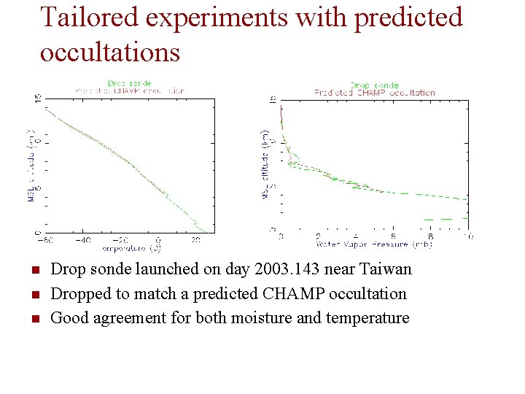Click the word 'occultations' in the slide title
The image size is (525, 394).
(x=109, y=52)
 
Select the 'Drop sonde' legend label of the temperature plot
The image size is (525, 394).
(x=130, y=83)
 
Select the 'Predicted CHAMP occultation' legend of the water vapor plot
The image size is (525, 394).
(x=375, y=93)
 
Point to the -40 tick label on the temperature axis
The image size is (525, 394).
(x=83, y=240)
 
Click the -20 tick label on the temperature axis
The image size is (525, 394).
(x=121, y=240)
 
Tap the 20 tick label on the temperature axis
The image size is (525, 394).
(x=197, y=240)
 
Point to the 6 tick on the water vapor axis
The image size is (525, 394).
(x=393, y=236)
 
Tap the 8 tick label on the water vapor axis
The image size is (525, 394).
(x=431, y=236)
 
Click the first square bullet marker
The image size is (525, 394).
(x=34, y=271)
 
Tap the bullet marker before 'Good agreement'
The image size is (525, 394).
(x=34, y=320)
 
